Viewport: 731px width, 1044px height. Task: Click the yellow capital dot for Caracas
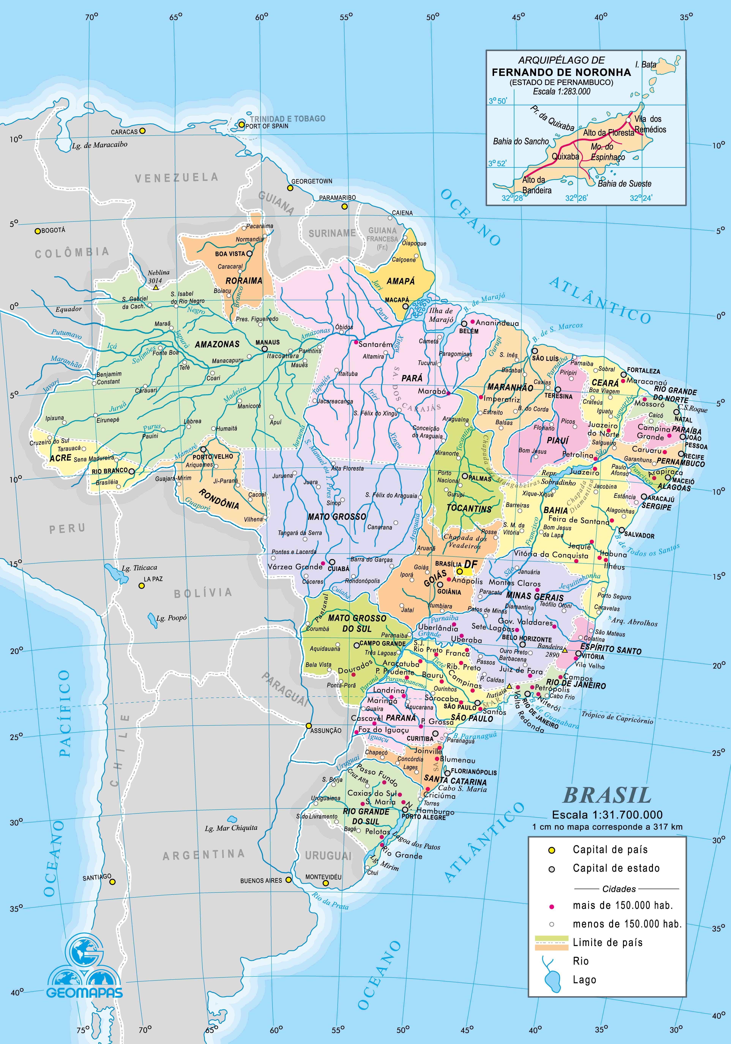click(x=142, y=131)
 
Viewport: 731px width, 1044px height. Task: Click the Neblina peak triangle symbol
click(x=155, y=287)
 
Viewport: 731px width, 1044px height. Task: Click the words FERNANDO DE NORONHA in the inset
click(x=561, y=72)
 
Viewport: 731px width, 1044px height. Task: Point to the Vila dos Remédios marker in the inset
click(x=628, y=120)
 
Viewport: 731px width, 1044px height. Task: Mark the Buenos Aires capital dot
click(x=288, y=880)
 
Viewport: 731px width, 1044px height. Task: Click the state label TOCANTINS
click(x=469, y=509)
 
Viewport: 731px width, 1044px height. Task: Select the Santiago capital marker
click(x=112, y=882)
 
